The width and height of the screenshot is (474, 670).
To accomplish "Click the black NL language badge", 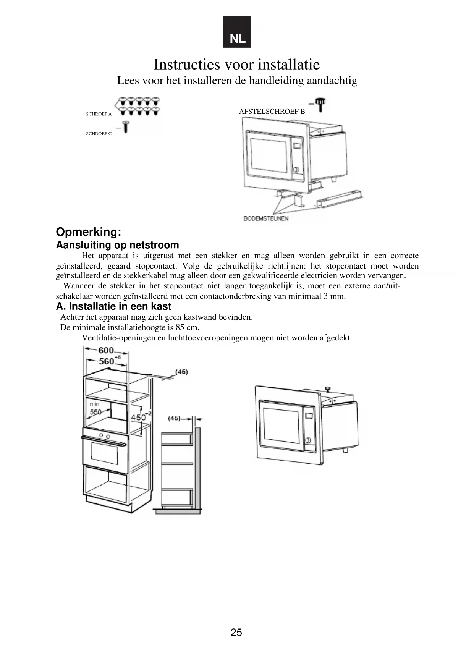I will coord(237,32).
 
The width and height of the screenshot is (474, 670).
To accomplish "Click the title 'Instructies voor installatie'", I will coord(236,64).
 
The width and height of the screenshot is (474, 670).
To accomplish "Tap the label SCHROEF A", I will coord(99,114).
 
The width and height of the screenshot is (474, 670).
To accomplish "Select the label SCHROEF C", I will coord(99,134).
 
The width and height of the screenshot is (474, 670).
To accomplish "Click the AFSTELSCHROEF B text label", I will coord(272,112).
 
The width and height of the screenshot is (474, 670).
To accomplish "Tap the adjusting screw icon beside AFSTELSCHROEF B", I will coord(321,104).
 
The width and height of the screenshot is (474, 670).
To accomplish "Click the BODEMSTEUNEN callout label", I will coord(266,218).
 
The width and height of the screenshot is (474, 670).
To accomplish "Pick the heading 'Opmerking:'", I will coord(89,232).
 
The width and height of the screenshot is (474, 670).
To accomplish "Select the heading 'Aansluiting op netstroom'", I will coord(117,245).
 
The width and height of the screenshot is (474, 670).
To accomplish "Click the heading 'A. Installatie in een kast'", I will coord(113,306).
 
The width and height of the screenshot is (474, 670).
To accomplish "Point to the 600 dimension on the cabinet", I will coord(106,350).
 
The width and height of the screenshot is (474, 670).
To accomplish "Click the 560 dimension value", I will coord(107,361).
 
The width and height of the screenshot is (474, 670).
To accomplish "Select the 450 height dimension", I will coord(138,417).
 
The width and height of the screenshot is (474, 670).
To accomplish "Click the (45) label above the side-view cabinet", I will coord(174,418).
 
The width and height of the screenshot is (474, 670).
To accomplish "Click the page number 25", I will coord(236,633).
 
